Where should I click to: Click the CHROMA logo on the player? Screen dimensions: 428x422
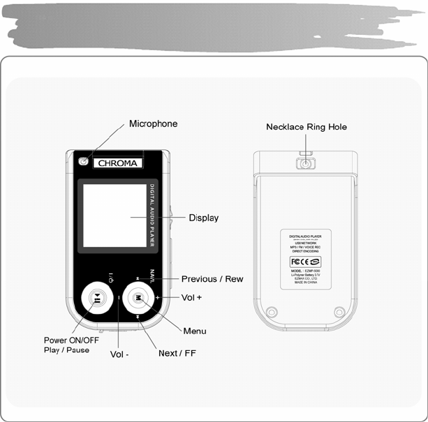click(117, 163)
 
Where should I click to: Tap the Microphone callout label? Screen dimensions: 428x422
click(153, 124)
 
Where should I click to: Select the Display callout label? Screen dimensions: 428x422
click(203, 218)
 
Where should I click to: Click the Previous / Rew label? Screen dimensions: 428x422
click(212, 279)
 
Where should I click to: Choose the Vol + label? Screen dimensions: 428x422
click(191, 297)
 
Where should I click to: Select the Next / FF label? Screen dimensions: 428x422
click(177, 353)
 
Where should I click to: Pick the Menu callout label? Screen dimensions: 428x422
click(194, 330)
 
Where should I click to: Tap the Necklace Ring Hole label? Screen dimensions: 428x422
click(306, 127)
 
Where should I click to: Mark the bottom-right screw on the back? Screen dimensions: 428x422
click(339, 312)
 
